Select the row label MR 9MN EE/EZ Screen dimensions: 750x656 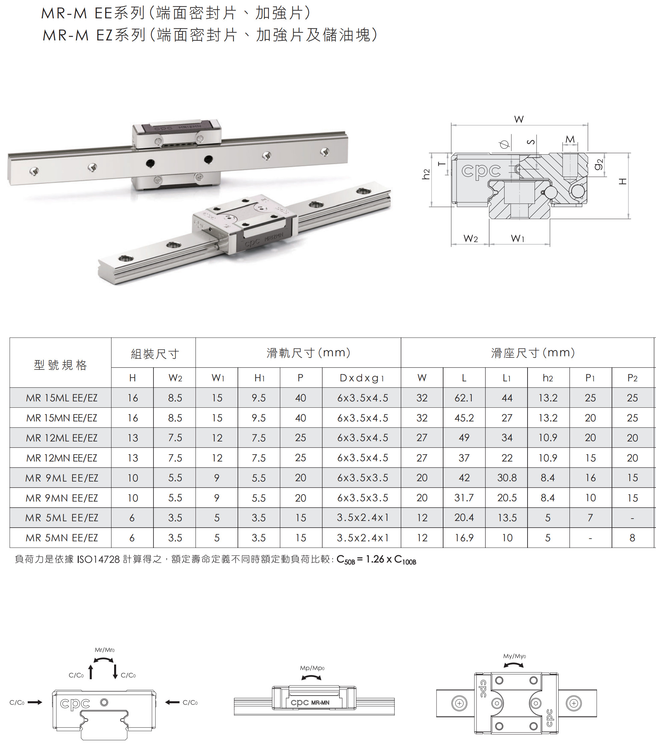click(61, 498)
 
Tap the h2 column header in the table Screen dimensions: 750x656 click(548, 378)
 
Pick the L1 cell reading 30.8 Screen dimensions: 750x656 click(507, 478)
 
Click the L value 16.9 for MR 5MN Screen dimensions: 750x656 click(464, 538)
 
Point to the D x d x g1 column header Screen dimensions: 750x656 click(361, 378)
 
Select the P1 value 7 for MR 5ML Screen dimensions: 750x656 click(590, 518)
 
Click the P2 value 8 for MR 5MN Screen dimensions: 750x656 click(632, 538)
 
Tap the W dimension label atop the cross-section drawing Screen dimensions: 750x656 click(519, 120)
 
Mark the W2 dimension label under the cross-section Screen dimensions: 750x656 click(470, 239)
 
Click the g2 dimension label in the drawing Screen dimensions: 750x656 click(598, 165)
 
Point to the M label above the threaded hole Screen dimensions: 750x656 click(570, 140)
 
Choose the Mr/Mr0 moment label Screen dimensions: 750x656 click(105, 650)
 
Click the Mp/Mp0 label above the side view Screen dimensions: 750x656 click(312, 668)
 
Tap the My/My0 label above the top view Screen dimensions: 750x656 click(514, 656)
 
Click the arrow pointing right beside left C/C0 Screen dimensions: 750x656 click(35, 702)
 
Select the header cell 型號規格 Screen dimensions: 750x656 click(60, 365)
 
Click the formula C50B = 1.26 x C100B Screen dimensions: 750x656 click(376, 559)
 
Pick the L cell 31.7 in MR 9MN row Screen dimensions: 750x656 click(464, 498)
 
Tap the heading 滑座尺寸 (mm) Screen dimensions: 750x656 click(533, 353)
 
